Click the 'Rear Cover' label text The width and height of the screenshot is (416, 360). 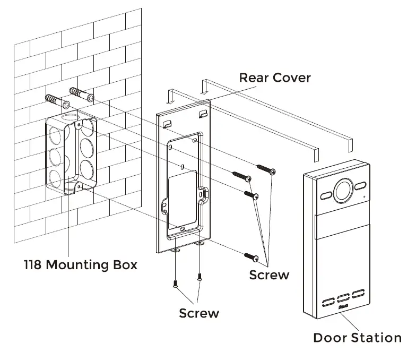pos(275,78)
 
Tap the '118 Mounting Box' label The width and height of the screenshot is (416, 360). pos(80,264)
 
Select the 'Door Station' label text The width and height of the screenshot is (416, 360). pos(357,337)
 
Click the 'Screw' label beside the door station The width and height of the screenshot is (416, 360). pos(269,275)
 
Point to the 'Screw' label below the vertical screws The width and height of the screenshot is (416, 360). pos(199,313)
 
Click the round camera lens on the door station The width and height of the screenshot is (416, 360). pos(342,188)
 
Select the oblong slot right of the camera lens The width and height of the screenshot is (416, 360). pos(361,186)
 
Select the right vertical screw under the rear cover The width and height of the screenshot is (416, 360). pos(200,277)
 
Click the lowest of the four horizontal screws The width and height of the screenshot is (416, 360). pos(251,257)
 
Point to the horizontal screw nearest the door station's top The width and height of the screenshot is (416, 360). pos(266,169)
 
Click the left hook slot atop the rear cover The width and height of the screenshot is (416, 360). pos(167,123)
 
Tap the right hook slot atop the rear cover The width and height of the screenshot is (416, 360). pos(202,114)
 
